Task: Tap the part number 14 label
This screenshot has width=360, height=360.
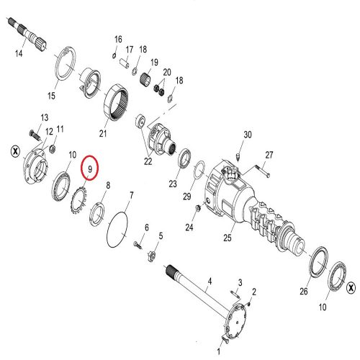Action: point(19,53)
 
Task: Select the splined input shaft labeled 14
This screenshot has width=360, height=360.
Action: point(27,33)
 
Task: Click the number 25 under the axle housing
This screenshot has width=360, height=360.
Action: point(228,238)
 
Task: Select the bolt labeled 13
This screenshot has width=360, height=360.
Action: point(35,135)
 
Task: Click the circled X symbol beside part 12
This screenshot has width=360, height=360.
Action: point(16,152)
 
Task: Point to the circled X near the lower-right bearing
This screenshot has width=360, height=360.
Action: point(351,287)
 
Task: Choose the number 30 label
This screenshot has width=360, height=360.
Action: point(248,135)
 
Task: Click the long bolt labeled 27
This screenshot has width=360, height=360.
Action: point(262,170)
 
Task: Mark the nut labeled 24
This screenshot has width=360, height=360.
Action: point(199,209)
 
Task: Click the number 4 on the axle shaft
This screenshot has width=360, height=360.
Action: point(210,281)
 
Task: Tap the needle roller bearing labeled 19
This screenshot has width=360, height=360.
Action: point(145,78)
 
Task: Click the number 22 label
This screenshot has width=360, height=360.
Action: point(148,161)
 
